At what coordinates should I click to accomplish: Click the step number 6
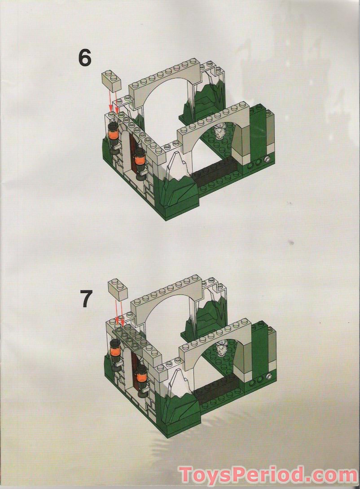(x=85, y=59)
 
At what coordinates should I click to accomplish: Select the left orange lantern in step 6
(x=113, y=133)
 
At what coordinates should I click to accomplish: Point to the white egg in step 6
(x=220, y=132)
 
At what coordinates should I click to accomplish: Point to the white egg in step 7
(x=222, y=348)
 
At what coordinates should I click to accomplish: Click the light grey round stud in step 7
(x=269, y=376)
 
